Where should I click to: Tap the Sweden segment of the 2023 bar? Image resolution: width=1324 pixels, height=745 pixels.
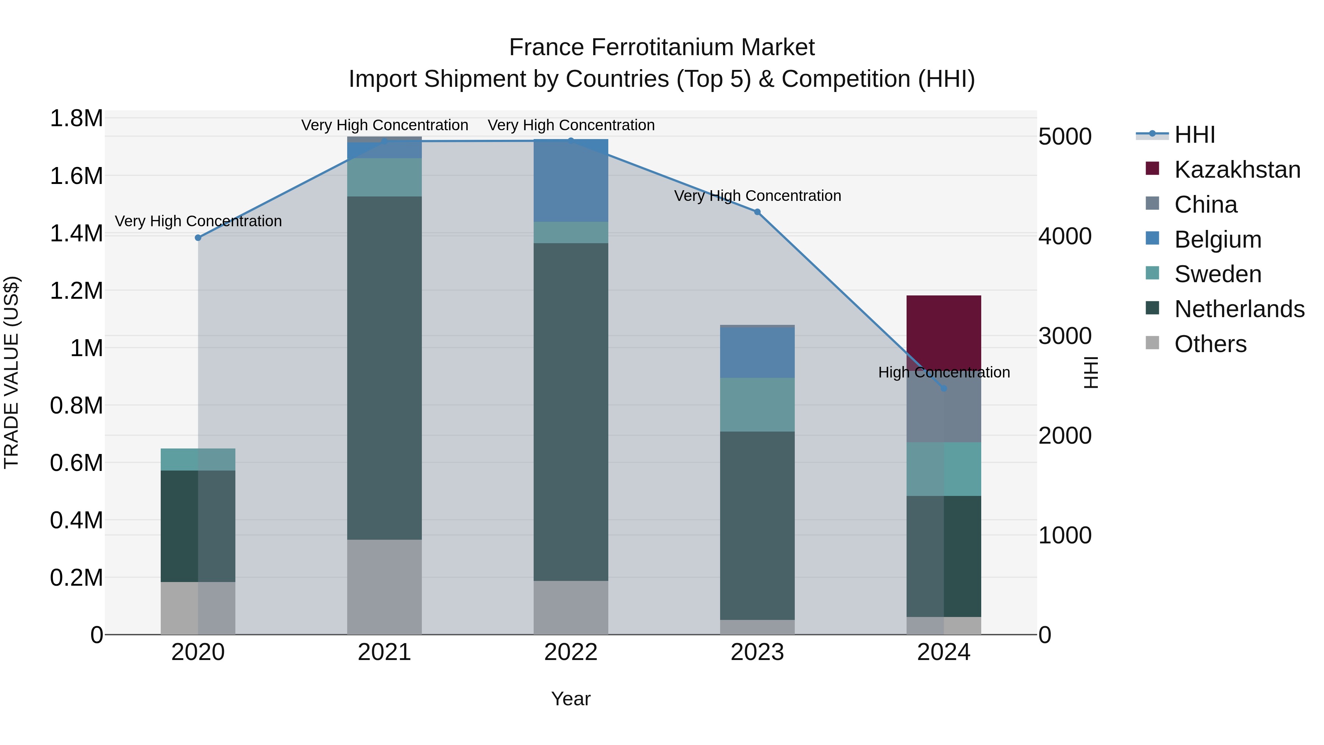[757, 405]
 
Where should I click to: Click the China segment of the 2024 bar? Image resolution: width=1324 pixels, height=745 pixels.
[944, 411]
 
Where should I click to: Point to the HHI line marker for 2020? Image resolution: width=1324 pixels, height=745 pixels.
[198, 238]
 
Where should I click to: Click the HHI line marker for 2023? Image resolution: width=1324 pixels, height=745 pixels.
[757, 212]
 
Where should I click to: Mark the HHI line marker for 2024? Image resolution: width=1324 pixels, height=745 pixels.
[944, 389]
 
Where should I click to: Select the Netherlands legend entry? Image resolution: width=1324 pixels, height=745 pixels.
[1239, 309]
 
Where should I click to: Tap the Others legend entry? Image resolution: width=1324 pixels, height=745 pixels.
[1210, 344]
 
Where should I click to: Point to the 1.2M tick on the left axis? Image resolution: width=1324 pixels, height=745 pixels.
[76, 291]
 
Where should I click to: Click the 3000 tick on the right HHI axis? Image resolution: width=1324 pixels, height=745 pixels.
[1065, 336]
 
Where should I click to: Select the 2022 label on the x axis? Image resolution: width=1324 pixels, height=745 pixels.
[570, 652]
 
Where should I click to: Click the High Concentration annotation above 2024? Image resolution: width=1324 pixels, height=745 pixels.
[944, 372]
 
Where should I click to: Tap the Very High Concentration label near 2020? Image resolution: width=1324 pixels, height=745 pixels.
[198, 221]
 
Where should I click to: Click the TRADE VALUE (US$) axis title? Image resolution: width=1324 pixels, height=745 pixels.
[12, 372]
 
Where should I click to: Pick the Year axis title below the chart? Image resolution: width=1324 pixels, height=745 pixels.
[570, 699]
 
